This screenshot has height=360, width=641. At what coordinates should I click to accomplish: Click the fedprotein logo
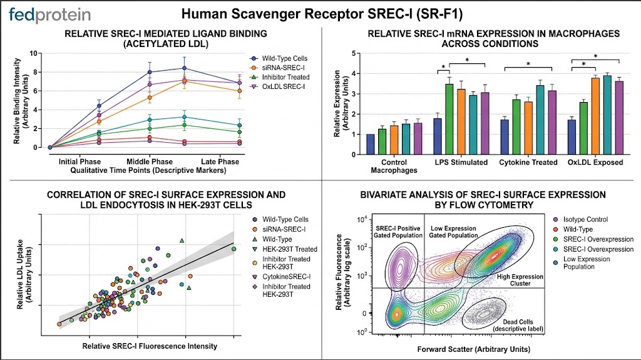point(49,15)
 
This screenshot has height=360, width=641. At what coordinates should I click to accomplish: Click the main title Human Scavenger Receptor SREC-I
point(322,14)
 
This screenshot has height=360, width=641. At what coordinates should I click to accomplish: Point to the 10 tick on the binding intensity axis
point(33,53)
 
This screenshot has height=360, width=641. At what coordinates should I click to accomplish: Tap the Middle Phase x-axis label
point(150,162)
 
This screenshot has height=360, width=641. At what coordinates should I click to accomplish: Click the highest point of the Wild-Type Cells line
point(185,68)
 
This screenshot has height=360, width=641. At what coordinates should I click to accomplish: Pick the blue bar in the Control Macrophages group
point(371,145)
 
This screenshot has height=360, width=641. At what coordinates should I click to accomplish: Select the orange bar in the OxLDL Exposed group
point(595,116)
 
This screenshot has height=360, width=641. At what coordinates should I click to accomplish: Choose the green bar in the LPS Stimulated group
point(449,120)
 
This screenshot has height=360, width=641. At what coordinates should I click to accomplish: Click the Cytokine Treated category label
point(528,162)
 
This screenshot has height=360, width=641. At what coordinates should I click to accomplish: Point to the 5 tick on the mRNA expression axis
point(354,53)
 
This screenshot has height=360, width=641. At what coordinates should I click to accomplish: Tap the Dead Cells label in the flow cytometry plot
point(518,322)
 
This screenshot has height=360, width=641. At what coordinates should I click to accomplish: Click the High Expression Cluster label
point(520,280)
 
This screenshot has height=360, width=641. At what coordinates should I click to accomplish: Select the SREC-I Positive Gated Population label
point(398,232)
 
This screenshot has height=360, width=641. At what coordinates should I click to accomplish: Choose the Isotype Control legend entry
point(581,220)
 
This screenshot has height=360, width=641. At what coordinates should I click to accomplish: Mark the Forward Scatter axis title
point(474,349)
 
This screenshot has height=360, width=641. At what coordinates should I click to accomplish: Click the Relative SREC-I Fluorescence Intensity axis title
point(150,346)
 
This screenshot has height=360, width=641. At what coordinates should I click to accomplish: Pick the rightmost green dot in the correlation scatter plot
point(234,249)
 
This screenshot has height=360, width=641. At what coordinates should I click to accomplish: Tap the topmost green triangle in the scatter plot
point(182,240)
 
